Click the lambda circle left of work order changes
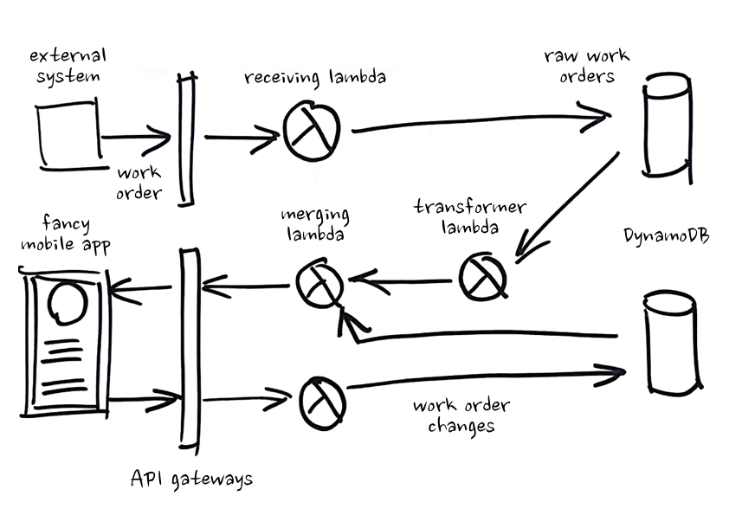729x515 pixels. click(322, 399)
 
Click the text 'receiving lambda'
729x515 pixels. click(314, 78)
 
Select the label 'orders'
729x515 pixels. click(587, 76)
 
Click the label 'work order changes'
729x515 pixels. click(461, 415)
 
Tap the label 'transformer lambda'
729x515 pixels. click(469, 217)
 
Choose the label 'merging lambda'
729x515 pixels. click(315, 222)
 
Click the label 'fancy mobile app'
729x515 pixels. click(65, 234)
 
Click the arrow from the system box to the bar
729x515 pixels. click(134, 136)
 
